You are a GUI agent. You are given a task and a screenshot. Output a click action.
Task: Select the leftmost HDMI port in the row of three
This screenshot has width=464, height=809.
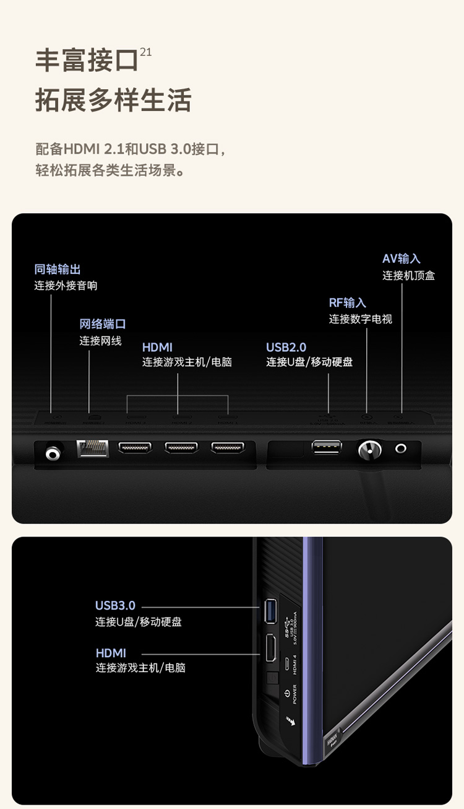135,448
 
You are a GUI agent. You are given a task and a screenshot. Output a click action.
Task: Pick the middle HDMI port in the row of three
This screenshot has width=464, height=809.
181,448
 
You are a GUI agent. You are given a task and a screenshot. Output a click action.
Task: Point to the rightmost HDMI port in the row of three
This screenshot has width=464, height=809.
228,448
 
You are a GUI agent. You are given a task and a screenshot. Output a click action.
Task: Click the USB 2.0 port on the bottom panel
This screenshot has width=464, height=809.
327,447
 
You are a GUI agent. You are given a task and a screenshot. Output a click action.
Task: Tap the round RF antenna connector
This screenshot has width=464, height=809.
369,450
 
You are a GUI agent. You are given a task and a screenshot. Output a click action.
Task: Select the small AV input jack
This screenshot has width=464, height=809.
403,448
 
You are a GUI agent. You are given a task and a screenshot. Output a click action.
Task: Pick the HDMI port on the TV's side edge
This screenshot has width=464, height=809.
270,649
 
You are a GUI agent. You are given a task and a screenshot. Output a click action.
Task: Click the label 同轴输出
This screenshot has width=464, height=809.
58,269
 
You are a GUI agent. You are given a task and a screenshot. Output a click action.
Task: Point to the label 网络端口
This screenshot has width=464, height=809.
103,324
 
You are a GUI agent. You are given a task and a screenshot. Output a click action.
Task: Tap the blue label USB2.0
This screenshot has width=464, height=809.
286,348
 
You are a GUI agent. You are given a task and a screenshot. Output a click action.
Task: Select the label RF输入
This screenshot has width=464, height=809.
348,303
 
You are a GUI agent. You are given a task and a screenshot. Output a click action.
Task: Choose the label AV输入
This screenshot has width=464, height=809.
402,259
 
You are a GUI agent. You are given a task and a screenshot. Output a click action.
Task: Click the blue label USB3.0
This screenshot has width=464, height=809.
115,605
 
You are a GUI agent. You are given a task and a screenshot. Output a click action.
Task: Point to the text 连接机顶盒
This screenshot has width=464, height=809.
408,276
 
